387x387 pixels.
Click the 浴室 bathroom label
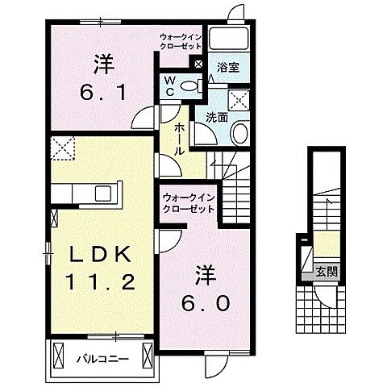coord(228,68)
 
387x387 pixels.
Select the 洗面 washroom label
coord(217,118)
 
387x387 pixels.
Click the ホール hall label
coord(179,139)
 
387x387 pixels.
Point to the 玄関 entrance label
coord(326,273)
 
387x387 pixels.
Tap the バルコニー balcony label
coord(102,359)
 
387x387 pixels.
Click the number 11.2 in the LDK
coord(101,282)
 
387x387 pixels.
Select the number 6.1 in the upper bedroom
coord(103,93)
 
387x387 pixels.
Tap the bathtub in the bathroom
coord(228,39)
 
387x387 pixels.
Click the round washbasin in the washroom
coord(240,133)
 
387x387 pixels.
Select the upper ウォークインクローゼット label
coord(181,41)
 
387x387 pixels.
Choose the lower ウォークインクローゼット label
coord(189,204)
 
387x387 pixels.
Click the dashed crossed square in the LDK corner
coord(63,148)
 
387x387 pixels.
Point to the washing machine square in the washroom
coord(239,100)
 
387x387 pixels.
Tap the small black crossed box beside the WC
coord(198,64)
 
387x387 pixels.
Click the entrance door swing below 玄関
coord(325,297)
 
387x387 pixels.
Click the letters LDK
coord(101,255)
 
